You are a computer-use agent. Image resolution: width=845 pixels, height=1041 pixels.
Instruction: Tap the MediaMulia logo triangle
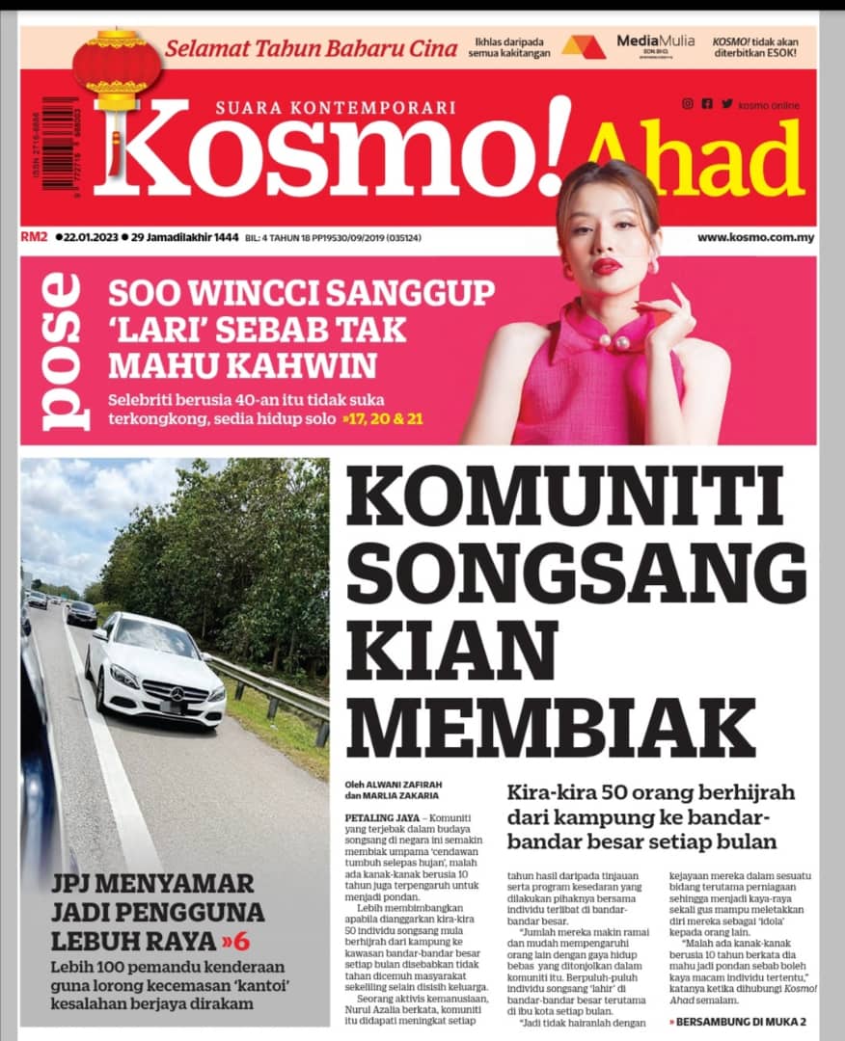pos(584,46)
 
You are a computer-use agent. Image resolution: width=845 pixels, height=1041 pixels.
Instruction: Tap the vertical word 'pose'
pos(61,352)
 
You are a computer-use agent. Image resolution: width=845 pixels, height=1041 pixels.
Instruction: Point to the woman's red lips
pos(607,266)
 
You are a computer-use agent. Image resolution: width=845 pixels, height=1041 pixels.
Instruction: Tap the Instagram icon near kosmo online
pos(687,104)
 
